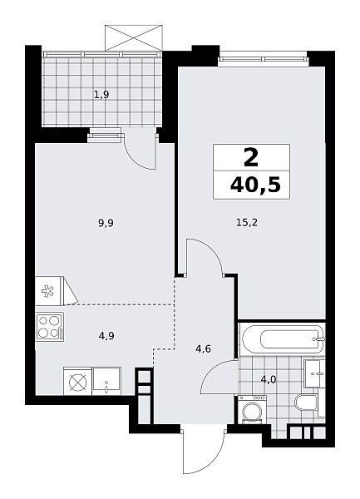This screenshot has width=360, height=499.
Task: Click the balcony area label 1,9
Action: pyautogui.click(x=102, y=95)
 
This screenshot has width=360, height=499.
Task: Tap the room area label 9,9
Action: pyautogui.click(x=106, y=223)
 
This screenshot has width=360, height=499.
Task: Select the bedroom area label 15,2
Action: pyautogui.click(x=247, y=222)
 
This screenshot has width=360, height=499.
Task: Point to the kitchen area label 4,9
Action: pyautogui.click(x=106, y=336)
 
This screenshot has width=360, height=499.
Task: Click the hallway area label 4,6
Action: pyautogui.click(x=204, y=349)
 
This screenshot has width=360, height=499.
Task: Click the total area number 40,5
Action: pyautogui.click(x=256, y=185)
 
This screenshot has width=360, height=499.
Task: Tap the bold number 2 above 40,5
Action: pyautogui.click(x=251, y=158)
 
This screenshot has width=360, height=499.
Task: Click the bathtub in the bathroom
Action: pyautogui.click(x=283, y=338)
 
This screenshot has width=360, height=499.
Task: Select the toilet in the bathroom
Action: pyautogui.click(x=306, y=403)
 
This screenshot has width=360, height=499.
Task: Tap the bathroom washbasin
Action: pyautogui.click(x=314, y=373)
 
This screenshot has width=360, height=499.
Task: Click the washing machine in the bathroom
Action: pyautogui.click(x=252, y=409)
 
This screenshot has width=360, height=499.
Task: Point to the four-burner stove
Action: pyautogui.click(x=49, y=327)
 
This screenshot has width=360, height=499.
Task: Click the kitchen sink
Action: pyautogui.click(x=106, y=381)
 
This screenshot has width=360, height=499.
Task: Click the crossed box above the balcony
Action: pyautogui.click(x=134, y=37)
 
